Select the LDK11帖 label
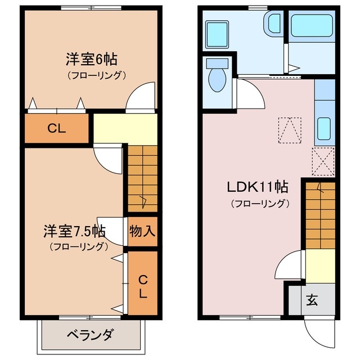coord(258,187)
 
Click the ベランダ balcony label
coord(90,335)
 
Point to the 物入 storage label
coord(142,231)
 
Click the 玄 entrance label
coord(312,300)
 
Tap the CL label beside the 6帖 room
coord(56,129)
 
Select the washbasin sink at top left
coord(216,34)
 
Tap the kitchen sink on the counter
coord(324,129)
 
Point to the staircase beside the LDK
coord(321,214)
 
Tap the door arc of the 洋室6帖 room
coord(141,96)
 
